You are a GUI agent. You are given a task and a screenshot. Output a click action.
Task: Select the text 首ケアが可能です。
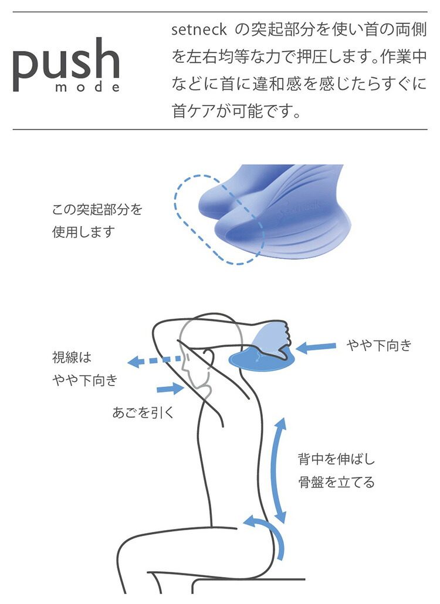[236, 111]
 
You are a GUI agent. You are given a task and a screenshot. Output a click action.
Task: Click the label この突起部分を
[97, 210]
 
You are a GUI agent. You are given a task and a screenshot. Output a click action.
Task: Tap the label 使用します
[83, 231]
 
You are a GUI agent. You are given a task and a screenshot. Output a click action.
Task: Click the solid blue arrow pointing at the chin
[170, 387]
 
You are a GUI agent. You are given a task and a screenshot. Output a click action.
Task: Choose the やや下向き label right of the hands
[379, 346]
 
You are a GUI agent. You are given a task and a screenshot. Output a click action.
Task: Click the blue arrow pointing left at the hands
[316, 348]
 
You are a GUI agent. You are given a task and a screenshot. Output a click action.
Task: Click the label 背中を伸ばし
[336, 459]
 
